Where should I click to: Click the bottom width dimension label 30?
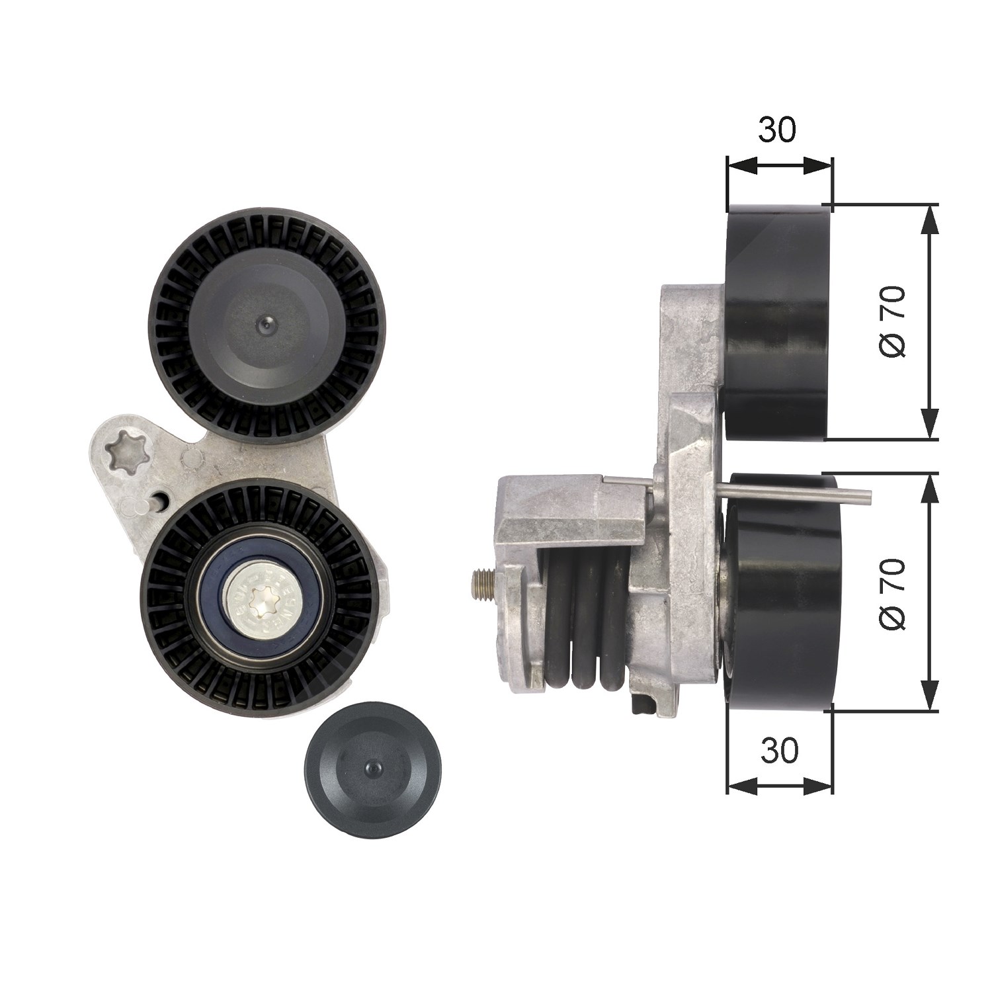pyautogui.click(x=780, y=750)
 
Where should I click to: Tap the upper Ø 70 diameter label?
pyautogui.click(x=892, y=322)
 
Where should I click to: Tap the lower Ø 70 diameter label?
pyautogui.click(x=892, y=594)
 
